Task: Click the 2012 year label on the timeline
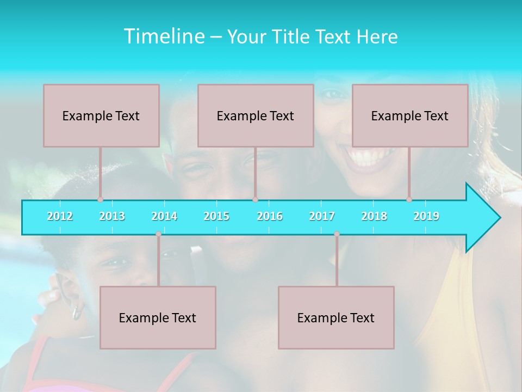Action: [60, 216]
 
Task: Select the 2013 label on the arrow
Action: [112, 216]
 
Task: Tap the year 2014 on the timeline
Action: [164, 216]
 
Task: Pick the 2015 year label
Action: [216, 216]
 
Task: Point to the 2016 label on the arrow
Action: [270, 216]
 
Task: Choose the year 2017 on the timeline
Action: [322, 216]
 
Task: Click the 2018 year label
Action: [374, 216]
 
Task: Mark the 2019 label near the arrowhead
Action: [426, 216]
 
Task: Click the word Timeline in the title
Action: [163, 36]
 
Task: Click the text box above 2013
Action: [101, 115]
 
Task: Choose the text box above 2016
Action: [256, 115]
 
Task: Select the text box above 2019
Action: [410, 115]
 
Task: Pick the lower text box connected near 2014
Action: [158, 317]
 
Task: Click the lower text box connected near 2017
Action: [336, 317]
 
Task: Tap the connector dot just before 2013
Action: [100, 200]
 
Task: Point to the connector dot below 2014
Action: [158, 234]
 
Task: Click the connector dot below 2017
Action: [337, 234]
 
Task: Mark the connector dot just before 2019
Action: [409, 200]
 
